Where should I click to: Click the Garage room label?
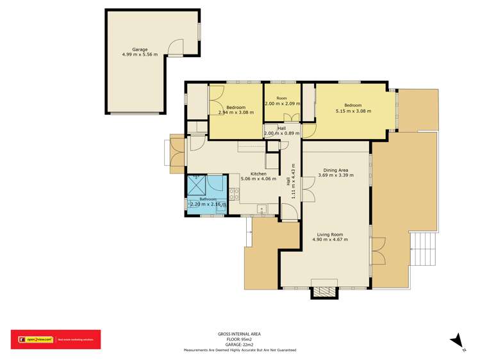[140, 49]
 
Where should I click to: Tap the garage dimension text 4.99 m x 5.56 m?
[140, 55]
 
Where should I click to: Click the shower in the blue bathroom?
[195, 185]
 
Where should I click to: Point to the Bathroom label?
[208, 199]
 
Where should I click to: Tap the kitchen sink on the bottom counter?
[261, 209]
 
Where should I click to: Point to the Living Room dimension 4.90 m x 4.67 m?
[331, 240]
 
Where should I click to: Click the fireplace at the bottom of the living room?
[324, 291]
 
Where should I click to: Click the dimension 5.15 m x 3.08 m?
[353, 111]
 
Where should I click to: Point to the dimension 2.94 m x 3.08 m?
[236, 112]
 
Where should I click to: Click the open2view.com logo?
[32, 340]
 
